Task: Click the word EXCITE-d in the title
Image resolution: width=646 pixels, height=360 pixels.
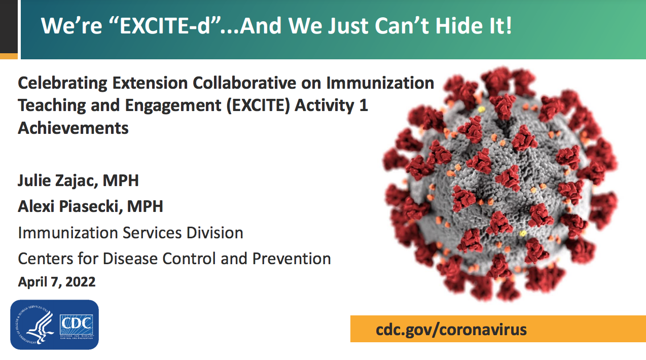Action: point(165,25)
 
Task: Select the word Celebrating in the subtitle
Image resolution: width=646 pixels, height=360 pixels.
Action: point(62,84)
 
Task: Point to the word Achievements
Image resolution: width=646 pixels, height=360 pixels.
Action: point(73,128)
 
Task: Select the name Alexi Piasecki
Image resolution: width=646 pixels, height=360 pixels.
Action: point(68,206)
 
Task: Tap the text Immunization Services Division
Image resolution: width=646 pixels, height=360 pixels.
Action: point(130,233)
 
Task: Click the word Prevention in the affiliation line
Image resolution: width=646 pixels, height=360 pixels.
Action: point(292,259)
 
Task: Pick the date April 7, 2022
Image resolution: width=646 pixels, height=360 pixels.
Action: point(56,282)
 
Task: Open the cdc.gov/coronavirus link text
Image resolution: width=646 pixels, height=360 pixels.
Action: point(451,330)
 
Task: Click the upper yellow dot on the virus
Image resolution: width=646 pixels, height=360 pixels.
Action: point(481,110)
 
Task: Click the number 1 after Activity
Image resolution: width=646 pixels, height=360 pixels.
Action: point(364,105)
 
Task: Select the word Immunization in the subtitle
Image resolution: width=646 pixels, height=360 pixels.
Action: point(380,83)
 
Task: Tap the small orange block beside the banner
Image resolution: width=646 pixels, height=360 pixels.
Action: point(9,56)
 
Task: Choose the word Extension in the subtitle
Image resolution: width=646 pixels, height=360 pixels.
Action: point(150,83)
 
